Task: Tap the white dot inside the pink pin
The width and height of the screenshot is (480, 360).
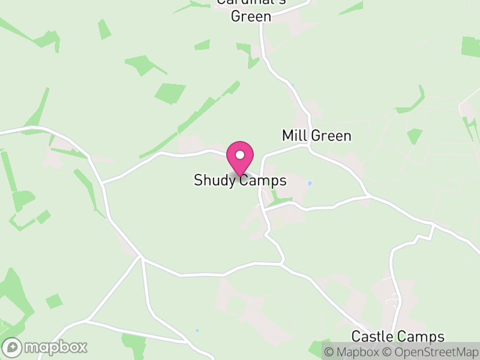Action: click(x=240, y=155)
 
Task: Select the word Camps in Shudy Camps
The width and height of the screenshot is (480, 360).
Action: click(x=262, y=181)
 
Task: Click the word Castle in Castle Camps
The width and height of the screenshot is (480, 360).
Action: click(x=372, y=337)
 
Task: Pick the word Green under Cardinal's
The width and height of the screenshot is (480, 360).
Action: click(x=251, y=16)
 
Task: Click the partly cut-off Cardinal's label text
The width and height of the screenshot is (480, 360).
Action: click(x=251, y=2)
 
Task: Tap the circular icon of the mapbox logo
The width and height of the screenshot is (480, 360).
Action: click(x=12, y=347)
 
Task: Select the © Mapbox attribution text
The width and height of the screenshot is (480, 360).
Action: click(x=350, y=352)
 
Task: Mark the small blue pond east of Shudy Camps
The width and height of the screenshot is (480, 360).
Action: click(x=310, y=183)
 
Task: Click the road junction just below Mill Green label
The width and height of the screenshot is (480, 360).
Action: click(x=310, y=145)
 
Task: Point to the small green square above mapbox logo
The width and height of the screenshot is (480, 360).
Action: click(x=54, y=301)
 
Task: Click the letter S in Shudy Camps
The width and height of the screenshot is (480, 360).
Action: click(x=198, y=181)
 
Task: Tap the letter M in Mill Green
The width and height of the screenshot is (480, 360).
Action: click(x=287, y=136)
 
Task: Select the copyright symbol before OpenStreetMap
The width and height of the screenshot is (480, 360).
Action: click(x=386, y=352)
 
